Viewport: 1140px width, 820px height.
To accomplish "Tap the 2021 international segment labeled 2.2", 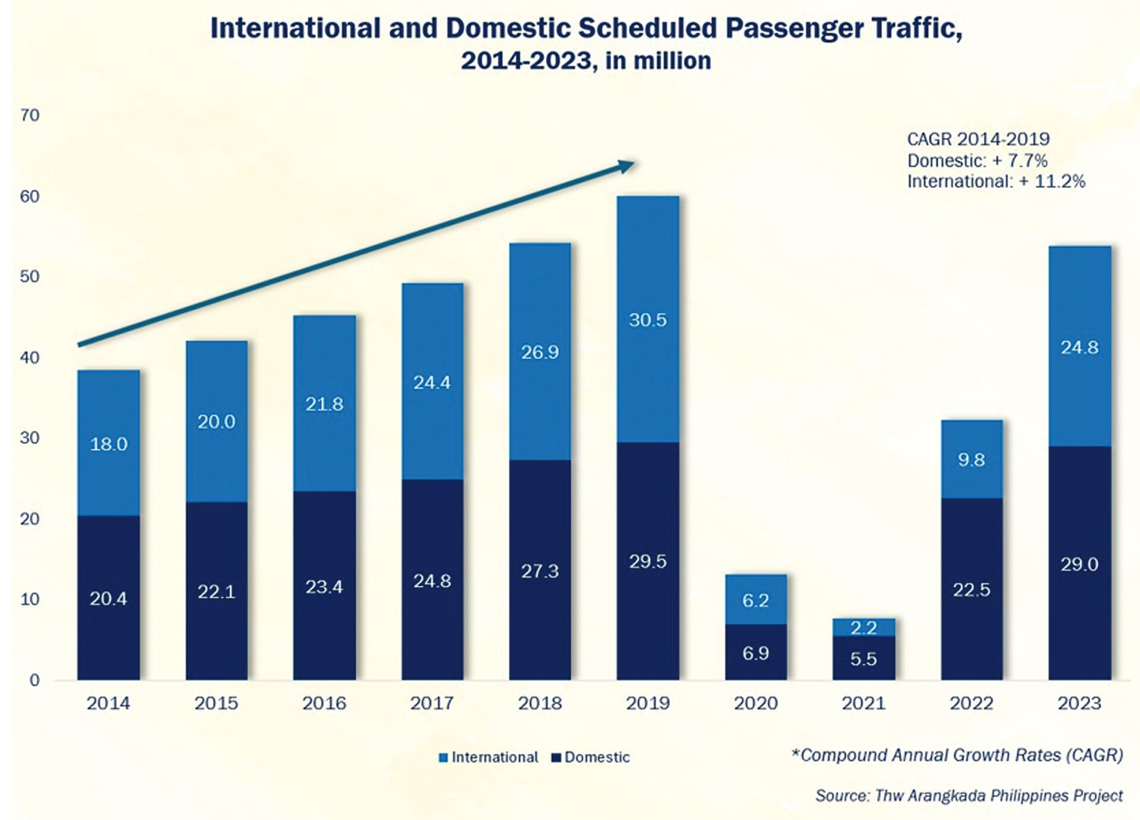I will click(x=863, y=628).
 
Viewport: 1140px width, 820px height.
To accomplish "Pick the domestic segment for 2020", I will click(x=755, y=652).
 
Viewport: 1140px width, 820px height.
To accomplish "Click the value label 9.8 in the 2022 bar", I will click(x=971, y=460).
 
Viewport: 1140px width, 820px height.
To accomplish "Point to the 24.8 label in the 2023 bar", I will click(x=1079, y=347).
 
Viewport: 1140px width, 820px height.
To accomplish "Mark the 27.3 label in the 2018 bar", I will click(x=540, y=571).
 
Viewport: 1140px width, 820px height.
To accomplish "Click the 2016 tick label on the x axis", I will click(x=324, y=704).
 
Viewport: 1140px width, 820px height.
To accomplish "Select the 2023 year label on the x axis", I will click(x=1079, y=704).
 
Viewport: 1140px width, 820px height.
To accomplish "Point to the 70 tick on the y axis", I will click(x=30, y=115).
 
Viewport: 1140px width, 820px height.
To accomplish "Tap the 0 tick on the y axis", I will click(x=34, y=680).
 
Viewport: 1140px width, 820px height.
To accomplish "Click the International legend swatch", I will click(x=443, y=758).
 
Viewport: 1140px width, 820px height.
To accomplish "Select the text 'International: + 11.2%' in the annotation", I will click(x=996, y=182).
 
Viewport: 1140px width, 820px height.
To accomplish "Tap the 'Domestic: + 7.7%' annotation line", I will click(x=977, y=161).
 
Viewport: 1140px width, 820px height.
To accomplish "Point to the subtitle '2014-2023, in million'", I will click(x=585, y=61).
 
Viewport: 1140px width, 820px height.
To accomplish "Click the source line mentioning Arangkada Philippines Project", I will click(x=968, y=796).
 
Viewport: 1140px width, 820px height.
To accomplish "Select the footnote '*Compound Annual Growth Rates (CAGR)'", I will click(x=957, y=755).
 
